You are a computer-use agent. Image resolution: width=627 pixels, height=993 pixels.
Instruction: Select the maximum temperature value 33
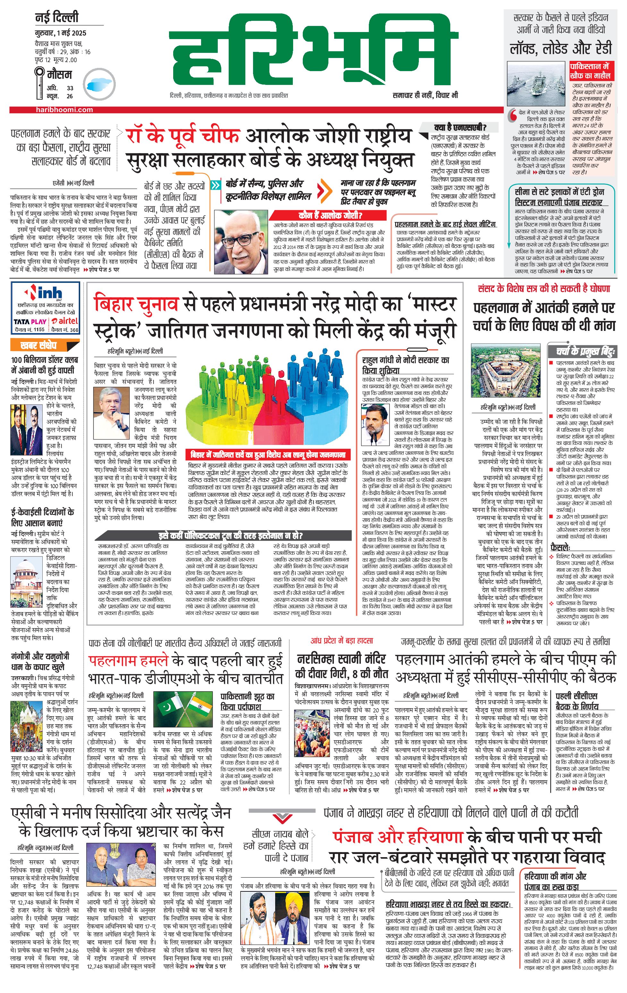(70, 88)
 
